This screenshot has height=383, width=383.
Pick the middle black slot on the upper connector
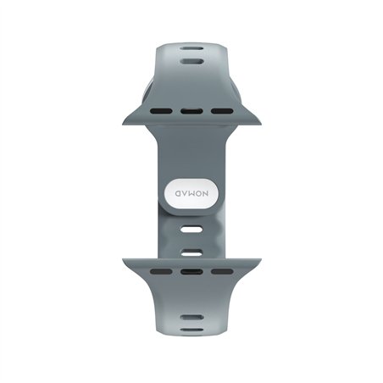(191, 110)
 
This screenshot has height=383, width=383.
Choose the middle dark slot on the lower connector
(191, 271)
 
